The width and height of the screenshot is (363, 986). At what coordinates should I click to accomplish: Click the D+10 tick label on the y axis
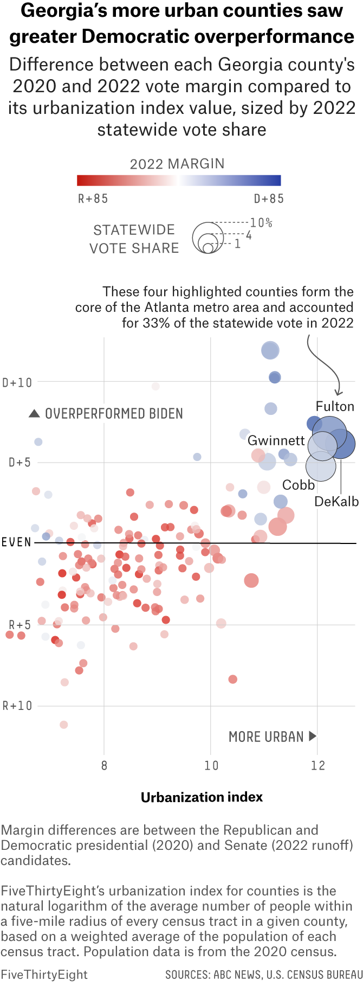coord(17,382)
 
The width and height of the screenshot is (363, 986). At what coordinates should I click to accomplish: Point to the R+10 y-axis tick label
coord(17,706)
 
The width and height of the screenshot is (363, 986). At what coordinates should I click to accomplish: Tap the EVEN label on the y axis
coord(16,542)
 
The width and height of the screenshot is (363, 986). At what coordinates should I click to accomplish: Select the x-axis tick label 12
coord(318,765)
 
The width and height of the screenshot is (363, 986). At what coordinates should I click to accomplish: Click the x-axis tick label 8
coord(104,765)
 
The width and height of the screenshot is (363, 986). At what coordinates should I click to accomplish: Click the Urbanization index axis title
coord(202,797)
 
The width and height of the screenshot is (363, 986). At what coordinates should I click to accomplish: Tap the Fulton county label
coord(335,406)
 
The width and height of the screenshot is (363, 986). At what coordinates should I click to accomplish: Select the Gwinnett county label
coord(276,440)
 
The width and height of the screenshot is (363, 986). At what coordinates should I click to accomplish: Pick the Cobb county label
coord(299,485)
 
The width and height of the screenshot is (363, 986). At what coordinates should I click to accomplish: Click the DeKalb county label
coord(336,502)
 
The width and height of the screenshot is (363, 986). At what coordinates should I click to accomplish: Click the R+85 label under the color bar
coord(93,199)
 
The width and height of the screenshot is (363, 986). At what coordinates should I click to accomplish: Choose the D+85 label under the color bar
coord(269,199)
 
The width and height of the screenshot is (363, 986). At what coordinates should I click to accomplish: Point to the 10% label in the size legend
coord(261,223)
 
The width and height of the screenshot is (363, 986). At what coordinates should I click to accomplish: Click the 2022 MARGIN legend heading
coord(177,164)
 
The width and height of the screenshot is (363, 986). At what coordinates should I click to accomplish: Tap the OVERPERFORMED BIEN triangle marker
coord(34,414)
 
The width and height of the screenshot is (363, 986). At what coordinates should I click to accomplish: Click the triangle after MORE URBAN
coord(312,736)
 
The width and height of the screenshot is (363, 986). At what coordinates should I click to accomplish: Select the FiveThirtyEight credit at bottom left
coord(44,974)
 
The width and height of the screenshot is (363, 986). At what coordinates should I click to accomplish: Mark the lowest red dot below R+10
coord(64,725)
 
